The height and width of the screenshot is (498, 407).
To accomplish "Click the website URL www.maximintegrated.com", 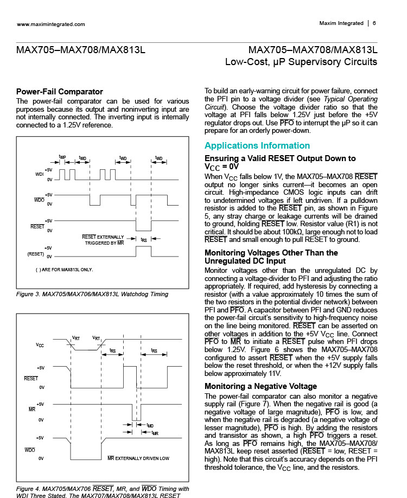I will (x=51, y=24).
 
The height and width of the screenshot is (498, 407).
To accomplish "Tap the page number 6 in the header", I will (x=374, y=23).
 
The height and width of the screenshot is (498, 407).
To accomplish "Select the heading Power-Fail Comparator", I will (x=60, y=91).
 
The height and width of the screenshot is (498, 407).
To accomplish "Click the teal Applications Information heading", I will (x=257, y=145).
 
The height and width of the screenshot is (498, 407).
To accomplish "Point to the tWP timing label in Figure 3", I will (x=62, y=157).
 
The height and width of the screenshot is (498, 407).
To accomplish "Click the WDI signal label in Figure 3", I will (x=39, y=174).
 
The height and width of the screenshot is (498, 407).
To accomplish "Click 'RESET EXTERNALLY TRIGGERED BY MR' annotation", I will (x=103, y=240).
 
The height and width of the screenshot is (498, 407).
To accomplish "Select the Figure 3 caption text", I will (x=92, y=294).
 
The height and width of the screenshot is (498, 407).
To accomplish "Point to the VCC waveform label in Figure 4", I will (x=40, y=345).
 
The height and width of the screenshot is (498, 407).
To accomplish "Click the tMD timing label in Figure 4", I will (x=150, y=425).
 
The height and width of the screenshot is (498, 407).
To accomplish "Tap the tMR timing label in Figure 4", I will (x=155, y=433).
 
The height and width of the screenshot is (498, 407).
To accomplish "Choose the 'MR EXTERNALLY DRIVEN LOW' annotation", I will (x=138, y=458).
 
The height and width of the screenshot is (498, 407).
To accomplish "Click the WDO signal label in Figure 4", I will (x=30, y=450).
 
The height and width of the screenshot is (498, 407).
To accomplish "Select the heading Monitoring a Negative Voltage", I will (x=260, y=386).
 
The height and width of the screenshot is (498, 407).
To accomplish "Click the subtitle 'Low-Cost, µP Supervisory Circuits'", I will (x=301, y=62).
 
